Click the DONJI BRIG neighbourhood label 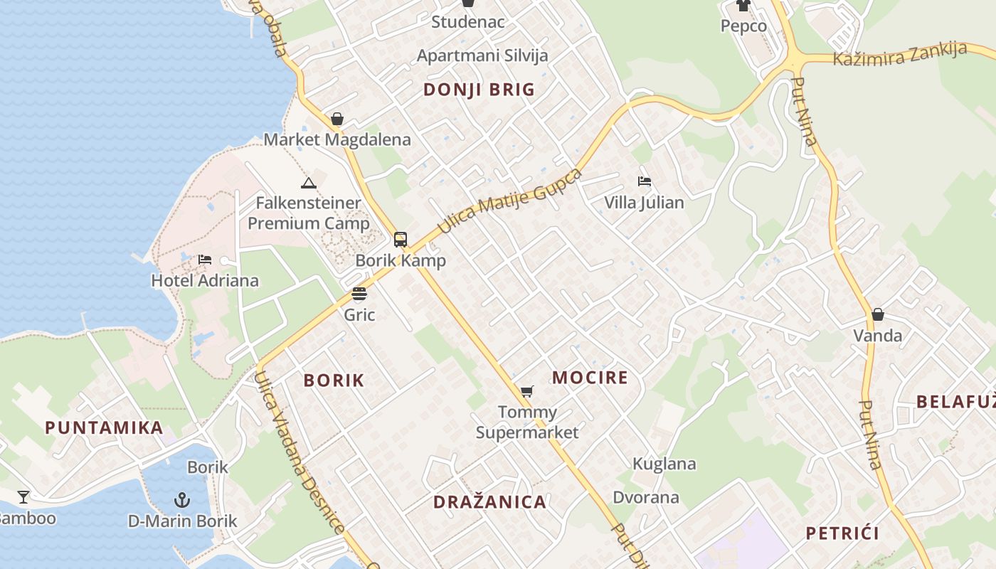click(x=479, y=90)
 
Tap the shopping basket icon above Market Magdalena click(x=337, y=119)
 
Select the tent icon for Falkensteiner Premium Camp click(x=308, y=184)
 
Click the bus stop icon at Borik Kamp click(x=401, y=240)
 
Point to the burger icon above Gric click(x=359, y=294)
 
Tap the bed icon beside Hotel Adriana click(x=205, y=260)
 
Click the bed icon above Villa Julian click(x=645, y=181)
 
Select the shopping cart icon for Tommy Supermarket click(x=526, y=391)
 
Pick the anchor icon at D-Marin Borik click(x=182, y=499)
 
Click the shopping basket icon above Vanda click(x=878, y=314)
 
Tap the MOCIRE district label click(x=590, y=378)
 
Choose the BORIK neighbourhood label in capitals click(x=334, y=381)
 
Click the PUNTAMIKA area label click(x=104, y=428)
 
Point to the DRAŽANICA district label click(x=489, y=502)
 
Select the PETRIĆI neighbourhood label click(x=842, y=533)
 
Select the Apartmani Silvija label click(x=482, y=55)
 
